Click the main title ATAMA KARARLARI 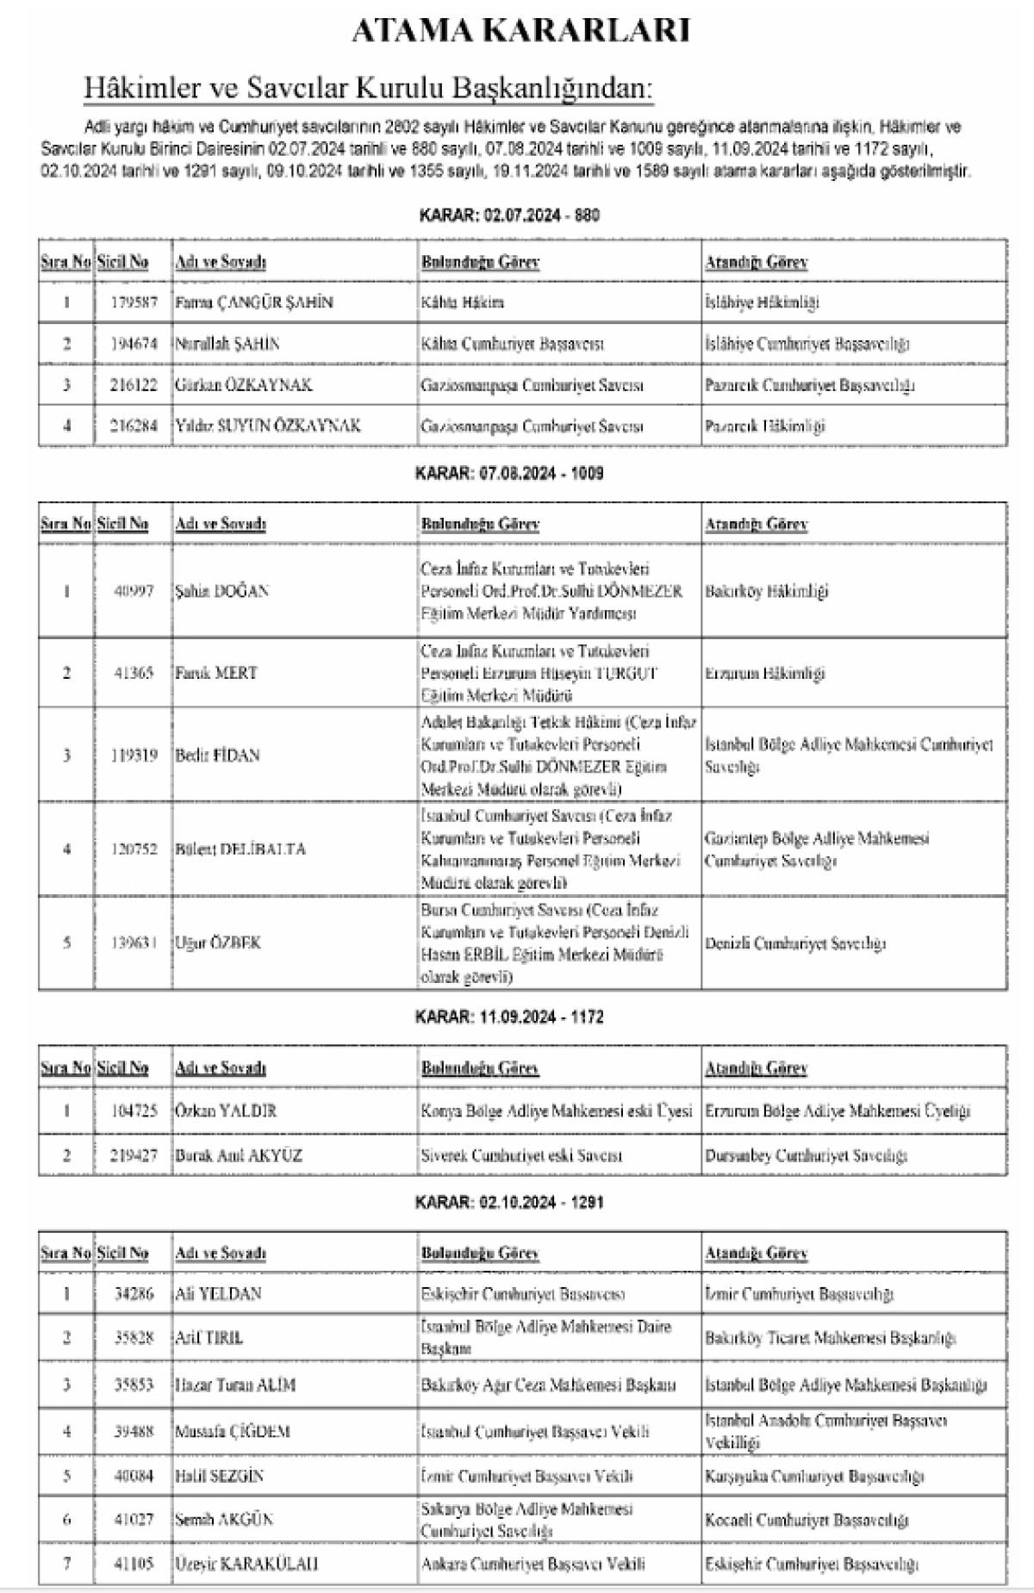tap(520, 31)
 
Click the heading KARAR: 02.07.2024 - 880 tap(508, 215)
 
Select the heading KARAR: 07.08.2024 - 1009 tap(508, 473)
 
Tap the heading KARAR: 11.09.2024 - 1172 tap(508, 1017)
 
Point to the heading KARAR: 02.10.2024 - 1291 tap(508, 1202)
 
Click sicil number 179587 tap(134, 302)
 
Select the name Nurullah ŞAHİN tap(227, 344)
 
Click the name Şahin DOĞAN tap(221, 591)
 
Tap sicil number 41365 tap(134, 673)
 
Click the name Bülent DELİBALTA tap(240, 849)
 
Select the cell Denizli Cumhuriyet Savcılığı tap(795, 943)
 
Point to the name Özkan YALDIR tap(226, 1111)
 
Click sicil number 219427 tap(134, 1155)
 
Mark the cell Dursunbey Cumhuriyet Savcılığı tap(806, 1155)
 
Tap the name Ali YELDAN tap(218, 1293)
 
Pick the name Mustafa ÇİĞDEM tap(233, 1431)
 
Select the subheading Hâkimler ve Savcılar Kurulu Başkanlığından tap(368, 87)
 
